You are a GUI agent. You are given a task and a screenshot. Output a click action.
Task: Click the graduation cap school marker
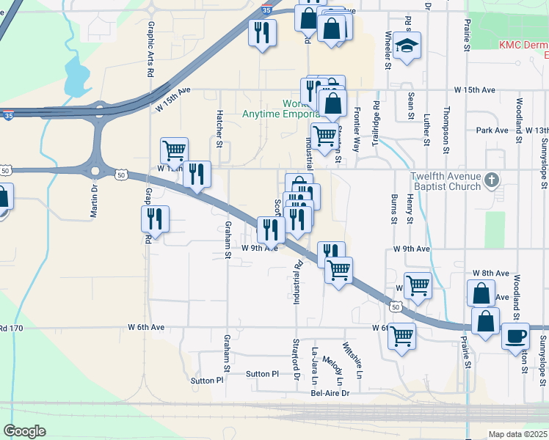click(x=407, y=46)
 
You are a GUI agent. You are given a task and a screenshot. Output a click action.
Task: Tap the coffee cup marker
click(x=515, y=337)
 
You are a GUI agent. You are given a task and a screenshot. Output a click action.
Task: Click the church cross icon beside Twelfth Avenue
click(x=493, y=179)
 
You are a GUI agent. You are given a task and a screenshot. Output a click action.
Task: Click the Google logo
click(x=24, y=430)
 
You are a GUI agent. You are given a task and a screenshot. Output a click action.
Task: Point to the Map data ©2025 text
click(x=517, y=434)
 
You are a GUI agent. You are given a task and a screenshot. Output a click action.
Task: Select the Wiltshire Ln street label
click(x=352, y=360)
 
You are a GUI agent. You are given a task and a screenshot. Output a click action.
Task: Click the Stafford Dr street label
click(x=297, y=359)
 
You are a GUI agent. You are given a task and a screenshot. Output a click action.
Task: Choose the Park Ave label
click(x=492, y=130)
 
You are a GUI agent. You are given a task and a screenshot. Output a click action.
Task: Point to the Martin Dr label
click(x=94, y=198)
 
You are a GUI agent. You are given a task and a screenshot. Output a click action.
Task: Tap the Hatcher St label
click(x=219, y=128)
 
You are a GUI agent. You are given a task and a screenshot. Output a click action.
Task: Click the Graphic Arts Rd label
click(x=150, y=49)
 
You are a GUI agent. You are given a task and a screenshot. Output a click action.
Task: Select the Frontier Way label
click(x=357, y=128)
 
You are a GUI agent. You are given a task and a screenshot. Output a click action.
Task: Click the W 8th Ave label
click(x=490, y=273)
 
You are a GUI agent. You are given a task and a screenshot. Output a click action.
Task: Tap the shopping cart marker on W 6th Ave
click(x=401, y=337)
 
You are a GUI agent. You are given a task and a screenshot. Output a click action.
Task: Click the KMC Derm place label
click(x=523, y=45)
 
